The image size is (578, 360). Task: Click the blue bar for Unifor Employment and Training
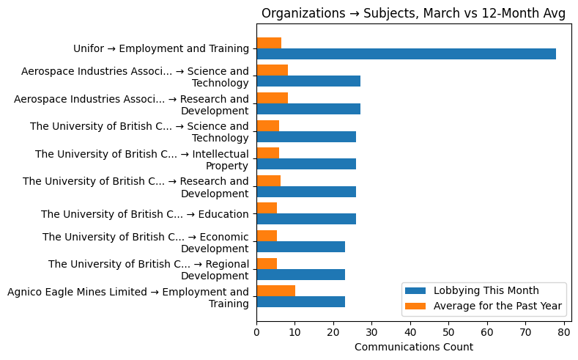(406, 54)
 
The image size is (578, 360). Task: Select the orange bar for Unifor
(269, 43)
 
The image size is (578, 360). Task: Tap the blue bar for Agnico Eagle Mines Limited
(300, 301)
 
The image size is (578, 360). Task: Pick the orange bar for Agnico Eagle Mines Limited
(275, 290)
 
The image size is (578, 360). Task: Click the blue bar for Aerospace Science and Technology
(308, 81)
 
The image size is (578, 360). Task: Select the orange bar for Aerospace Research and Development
(272, 98)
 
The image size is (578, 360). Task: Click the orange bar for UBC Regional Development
(267, 263)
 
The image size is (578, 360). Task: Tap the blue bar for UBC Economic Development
(300, 246)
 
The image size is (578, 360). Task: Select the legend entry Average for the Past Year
(497, 305)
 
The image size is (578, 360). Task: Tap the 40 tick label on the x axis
(410, 332)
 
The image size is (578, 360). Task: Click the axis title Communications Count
(413, 347)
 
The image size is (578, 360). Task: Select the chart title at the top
(413, 13)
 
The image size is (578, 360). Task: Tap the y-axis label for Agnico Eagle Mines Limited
(128, 298)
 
